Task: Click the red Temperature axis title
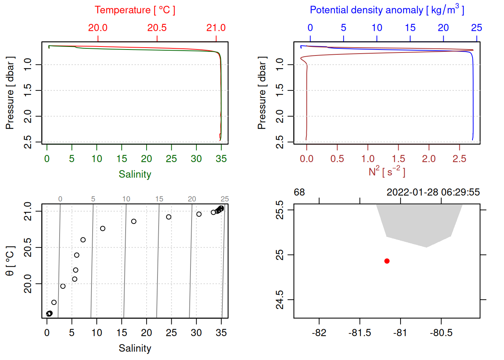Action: pos(135,10)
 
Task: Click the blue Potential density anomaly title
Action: pos(387,10)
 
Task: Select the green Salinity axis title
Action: pos(135,174)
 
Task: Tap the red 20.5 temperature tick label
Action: pos(157,28)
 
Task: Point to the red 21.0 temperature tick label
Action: pos(216,28)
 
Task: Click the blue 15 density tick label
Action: pos(410,28)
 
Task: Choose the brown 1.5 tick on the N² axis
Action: pos(398,159)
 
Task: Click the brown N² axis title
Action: pos(387,171)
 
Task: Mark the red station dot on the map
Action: pos(387,261)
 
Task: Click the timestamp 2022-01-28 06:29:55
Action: pos(433,192)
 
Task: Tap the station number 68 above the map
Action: pos(299,192)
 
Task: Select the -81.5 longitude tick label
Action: pos(360,333)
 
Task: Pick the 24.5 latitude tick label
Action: pos(280,300)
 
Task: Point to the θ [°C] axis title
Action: pos(10,261)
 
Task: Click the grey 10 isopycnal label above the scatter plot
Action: pos(126,199)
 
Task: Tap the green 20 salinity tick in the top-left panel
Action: pos(146,159)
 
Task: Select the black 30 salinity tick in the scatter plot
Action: pos(196,333)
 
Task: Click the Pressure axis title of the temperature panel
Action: pos(10,93)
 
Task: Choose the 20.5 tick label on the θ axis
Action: pos(28,247)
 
